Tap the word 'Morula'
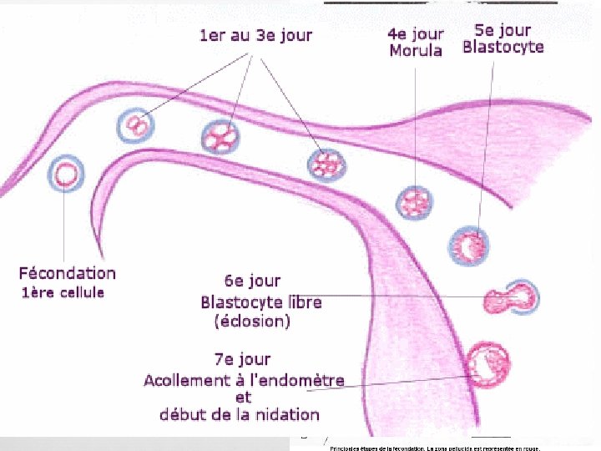pyautogui.click(x=416, y=50)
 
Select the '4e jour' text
pyautogui.click(x=416, y=34)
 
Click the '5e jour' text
pyautogui.click(x=503, y=29)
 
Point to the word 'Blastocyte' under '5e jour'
pyautogui.click(x=503, y=47)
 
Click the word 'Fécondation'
pyautogui.click(x=68, y=273)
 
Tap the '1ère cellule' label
pyautogui.click(x=63, y=292)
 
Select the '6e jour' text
pyautogui.click(x=253, y=281)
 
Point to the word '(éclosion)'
pyautogui.click(x=251, y=320)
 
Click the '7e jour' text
pyautogui.click(x=242, y=359)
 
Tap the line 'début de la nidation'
pyautogui.click(x=240, y=414)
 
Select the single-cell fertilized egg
pyautogui.click(x=67, y=174)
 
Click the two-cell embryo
pyautogui.click(x=136, y=127)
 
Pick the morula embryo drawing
pyautogui.click(x=415, y=202)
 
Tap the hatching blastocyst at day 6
pyautogui.click(x=511, y=298)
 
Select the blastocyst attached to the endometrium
pyautogui.click(x=488, y=364)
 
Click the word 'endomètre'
pyautogui.click(x=299, y=381)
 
